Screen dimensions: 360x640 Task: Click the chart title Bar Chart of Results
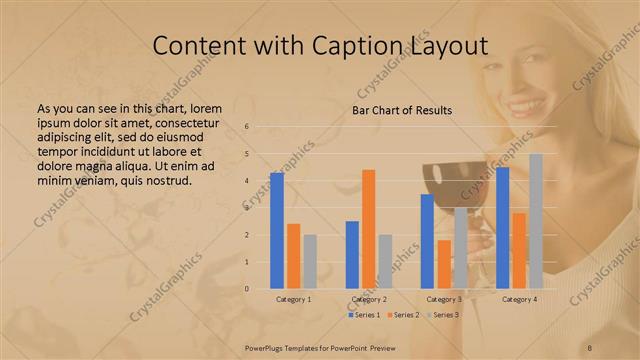coord(402,110)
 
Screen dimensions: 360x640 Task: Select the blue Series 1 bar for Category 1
coord(277,231)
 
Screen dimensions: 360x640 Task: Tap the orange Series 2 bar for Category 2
coord(368,229)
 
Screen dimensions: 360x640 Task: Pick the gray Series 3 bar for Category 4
coord(536,221)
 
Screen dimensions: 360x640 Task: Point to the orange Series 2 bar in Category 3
coord(444,264)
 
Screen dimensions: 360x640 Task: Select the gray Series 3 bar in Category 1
coord(310,262)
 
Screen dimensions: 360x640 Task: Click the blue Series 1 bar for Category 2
coord(352,255)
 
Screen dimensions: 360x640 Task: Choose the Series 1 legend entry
coord(364,315)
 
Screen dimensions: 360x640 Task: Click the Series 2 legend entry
coord(403,315)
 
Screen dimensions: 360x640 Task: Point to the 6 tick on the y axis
coord(261,127)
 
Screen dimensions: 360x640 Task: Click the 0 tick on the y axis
coord(261,289)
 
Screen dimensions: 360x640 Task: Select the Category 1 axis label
coord(293,299)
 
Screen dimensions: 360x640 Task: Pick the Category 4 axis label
coord(519,299)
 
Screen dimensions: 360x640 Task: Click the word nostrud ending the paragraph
coord(169,181)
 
